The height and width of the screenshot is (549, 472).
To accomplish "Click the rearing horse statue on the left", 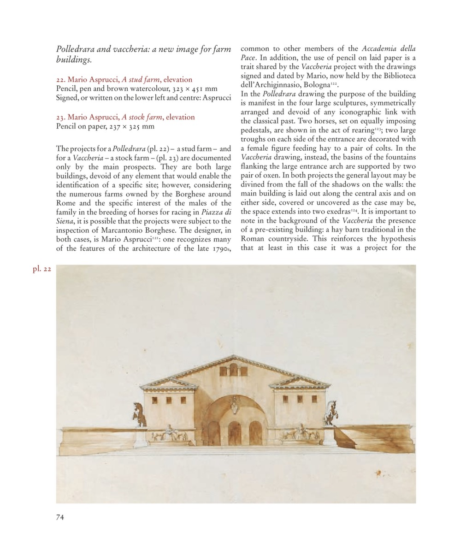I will click(x=138, y=414).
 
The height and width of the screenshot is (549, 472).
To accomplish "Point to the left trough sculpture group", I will click(x=169, y=434).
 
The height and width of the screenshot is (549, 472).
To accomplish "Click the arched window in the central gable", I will click(x=234, y=369).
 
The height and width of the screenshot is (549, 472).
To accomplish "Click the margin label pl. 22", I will click(x=41, y=269).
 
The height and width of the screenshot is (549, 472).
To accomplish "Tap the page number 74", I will click(x=60, y=517).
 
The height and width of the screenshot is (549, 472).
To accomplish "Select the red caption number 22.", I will click(x=60, y=80).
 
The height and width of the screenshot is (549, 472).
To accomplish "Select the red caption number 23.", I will click(x=60, y=117).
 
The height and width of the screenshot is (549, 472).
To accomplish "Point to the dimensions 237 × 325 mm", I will click(x=129, y=126).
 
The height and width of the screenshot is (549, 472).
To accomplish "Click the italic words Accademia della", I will click(x=389, y=48).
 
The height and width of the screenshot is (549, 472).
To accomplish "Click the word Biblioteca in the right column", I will click(x=395, y=76).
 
